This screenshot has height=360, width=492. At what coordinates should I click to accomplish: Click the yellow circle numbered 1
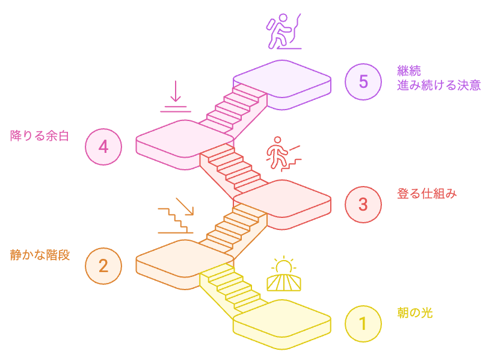[363, 324]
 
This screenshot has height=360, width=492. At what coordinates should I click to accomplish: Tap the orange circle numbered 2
[103, 265]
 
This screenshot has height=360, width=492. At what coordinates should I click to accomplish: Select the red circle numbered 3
[363, 204]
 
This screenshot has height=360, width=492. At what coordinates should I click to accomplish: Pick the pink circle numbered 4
[103, 146]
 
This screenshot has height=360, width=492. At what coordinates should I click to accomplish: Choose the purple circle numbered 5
[363, 81]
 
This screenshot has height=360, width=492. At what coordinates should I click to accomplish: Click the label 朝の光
[415, 313]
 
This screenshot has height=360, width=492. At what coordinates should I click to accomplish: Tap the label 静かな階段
[40, 255]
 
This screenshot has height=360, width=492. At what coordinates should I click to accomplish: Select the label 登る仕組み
[427, 194]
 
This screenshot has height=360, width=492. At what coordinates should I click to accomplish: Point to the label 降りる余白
[40, 135]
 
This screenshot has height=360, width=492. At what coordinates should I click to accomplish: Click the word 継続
[409, 71]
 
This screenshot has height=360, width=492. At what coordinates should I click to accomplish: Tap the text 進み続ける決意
[439, 85]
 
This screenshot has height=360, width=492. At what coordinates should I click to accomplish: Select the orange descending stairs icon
[176, 216]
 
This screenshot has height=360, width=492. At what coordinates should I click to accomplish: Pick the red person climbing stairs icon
[283, 155]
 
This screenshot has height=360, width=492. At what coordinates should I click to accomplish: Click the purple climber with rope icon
[283, 33]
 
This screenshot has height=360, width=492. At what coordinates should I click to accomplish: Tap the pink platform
[168, 138]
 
